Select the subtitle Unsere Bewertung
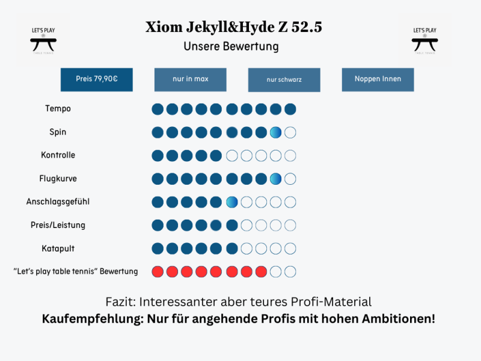point(231,46)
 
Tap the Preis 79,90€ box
point(96,79)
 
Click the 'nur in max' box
point(190,79)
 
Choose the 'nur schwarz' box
point(284,79)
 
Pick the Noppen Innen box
point(378,79)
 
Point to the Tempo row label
point(58,109)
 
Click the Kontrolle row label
point(58,155)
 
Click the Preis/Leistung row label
point(58,225)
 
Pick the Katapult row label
point(58,248)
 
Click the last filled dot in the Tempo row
point(290,109)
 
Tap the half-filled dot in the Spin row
point(275,132)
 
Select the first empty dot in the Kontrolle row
point(231,156)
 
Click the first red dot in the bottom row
point(158,271)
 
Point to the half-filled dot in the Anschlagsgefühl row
point(231,202)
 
